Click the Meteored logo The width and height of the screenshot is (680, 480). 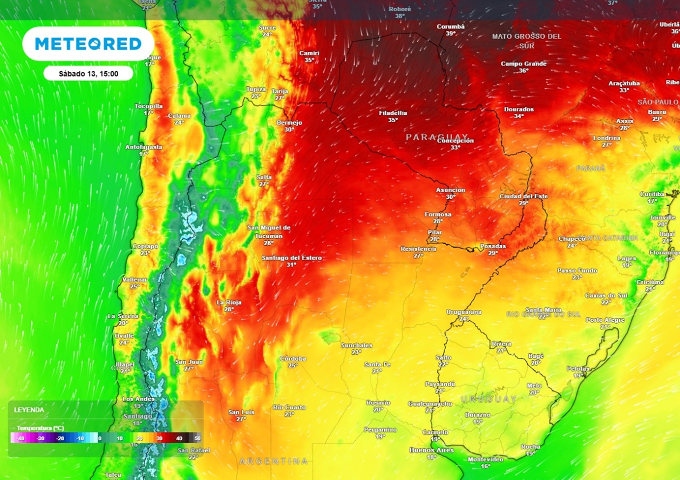click(x=88, y=44)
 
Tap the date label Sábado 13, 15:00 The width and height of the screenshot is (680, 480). click(x=88, y=73)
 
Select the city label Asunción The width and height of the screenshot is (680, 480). click(x=451, y=190)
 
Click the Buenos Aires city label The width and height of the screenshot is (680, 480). click(x=431, y=450)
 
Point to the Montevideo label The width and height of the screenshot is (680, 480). click(x=486, y=459)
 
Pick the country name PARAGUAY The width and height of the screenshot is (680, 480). click(x=437, y=137)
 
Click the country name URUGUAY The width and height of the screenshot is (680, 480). click(x=489, y=399)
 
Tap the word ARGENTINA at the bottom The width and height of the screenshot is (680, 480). click(x=274, y=461)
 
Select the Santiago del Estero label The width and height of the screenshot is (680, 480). click(x=291, y=258)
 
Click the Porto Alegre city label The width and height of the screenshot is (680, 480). click(x=605, y=320)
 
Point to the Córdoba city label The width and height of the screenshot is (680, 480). click(x=293, y=359)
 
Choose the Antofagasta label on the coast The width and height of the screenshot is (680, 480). click(x=144, y=147)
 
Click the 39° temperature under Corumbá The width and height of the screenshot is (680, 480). click(x=451, y=33)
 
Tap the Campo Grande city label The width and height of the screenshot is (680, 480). click(x=523, y=64)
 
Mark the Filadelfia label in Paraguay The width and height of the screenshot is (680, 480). click(x=393, y=113)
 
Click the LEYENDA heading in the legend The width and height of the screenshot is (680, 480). click(x=29, y=410)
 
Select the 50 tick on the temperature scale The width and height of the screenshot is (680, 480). click(x=198, y=438)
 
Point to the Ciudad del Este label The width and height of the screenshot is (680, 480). click(x=523, y=197)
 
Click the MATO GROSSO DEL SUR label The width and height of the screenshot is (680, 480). click(x=527, y=40)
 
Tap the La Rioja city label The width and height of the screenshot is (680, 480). click(x=228, y=302)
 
